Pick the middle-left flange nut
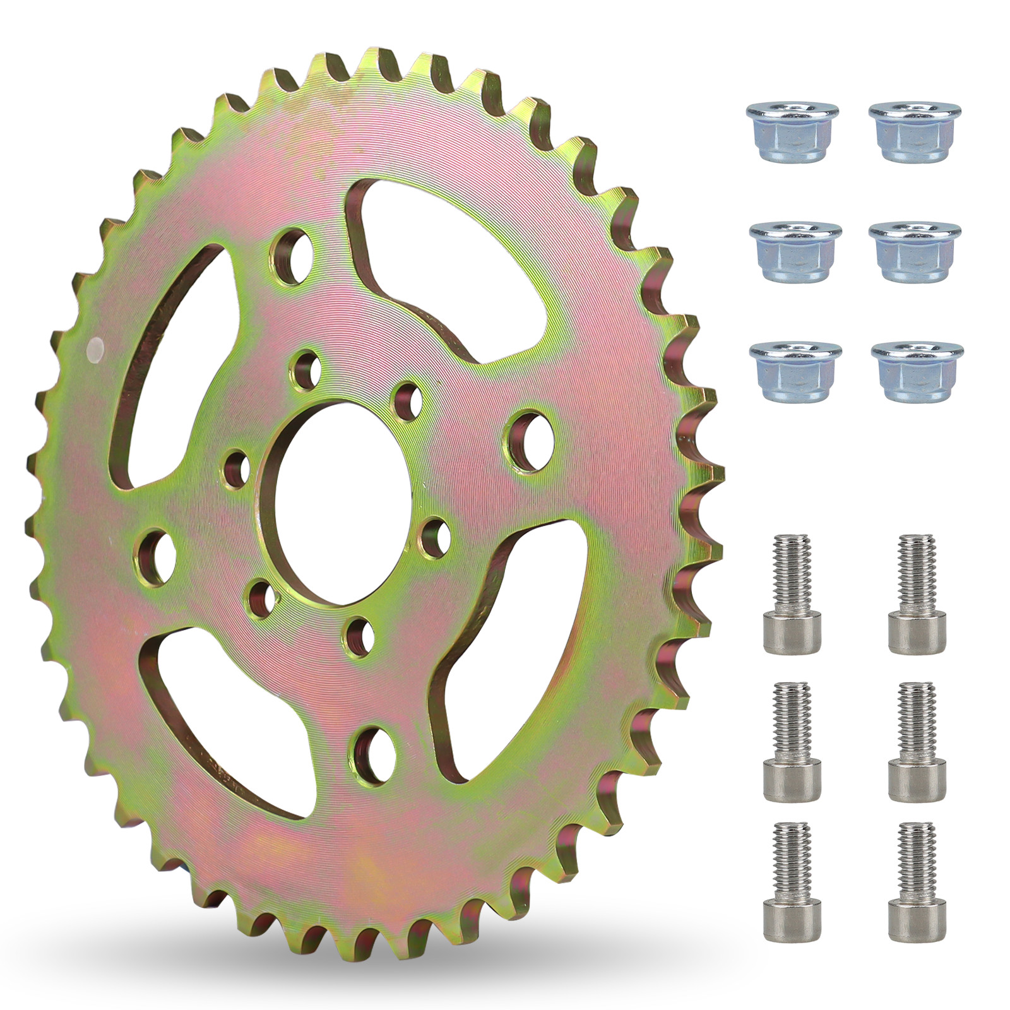pos(795,251)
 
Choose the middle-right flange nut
pos(915,251)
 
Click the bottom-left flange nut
pos(795,371)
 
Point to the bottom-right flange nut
pos(917,371)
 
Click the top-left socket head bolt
pos(792,593)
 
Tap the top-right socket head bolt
pos(917,593)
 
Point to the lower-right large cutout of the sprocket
pos(511,650)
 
